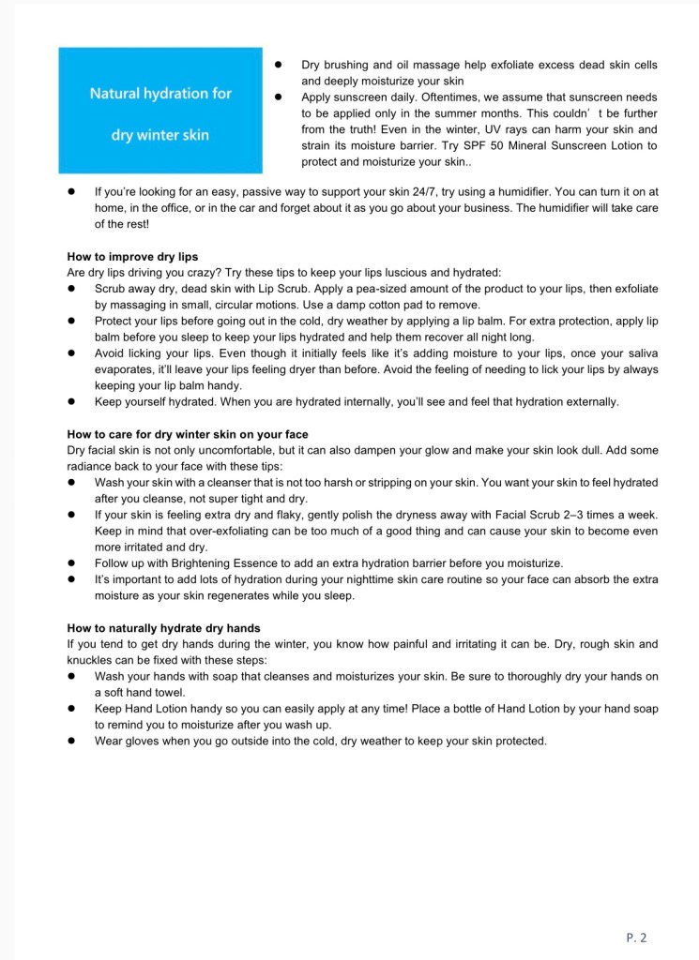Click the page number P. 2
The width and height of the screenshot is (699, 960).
(x=636, y=936)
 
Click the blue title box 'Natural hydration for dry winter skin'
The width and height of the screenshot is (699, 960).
(x=160, y=112)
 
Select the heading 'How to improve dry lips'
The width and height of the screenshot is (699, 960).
(x=132, y=257)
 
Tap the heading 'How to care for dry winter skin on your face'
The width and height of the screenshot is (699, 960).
(x=188, y=435)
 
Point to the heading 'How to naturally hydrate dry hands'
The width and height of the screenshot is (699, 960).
(x=163, y=628)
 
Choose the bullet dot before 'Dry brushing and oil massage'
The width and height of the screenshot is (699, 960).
(x=279, y=66)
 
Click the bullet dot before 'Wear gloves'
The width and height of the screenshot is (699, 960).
(x=71, y=741)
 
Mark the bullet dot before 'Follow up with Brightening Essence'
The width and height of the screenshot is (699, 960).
(x=71, y=563)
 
